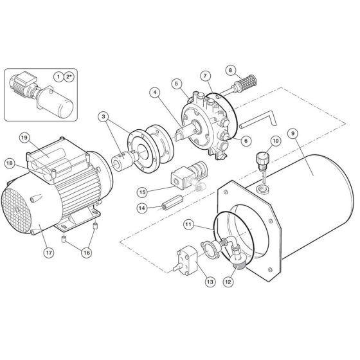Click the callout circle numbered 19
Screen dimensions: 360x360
click(23, 138)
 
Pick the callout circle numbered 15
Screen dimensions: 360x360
click(143, 191)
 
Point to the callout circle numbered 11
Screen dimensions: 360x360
click(188, 224)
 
